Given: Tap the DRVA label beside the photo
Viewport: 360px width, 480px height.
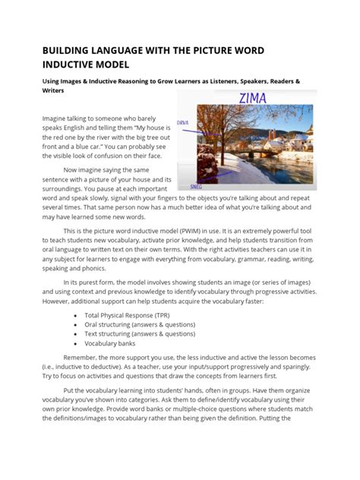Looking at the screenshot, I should click(x=182, y=122).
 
